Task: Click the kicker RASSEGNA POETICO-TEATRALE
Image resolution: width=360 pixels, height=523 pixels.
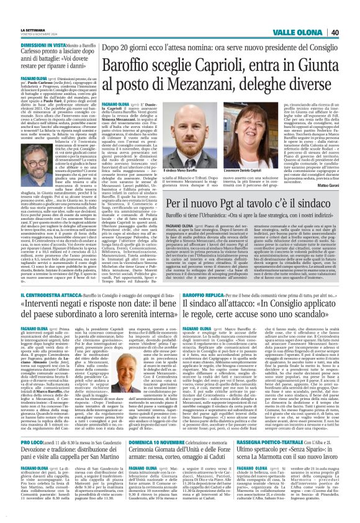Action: (274, 459)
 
